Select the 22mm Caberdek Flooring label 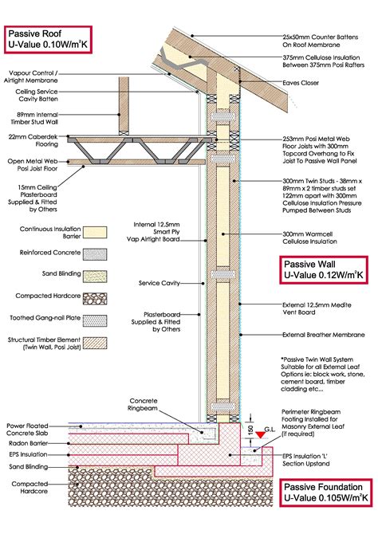[x=32, y=141]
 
